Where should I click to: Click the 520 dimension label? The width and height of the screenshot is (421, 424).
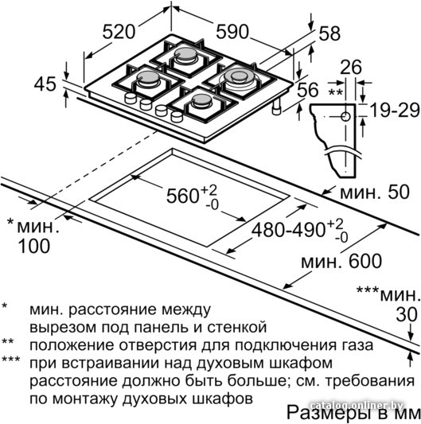[119, 31]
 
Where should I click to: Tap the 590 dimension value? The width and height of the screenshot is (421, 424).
[232, 31]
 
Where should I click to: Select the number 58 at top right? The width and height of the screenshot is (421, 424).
[329, 33]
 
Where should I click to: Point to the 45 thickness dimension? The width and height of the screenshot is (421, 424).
[45, 84]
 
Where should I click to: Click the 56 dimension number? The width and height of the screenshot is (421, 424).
[308, 90]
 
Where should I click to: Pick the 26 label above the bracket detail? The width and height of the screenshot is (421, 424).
[351, 67]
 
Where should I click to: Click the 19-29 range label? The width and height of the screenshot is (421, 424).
[395, 111]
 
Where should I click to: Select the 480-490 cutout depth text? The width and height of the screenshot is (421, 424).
[288, 231]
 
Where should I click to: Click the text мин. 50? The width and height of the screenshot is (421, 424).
[375, 193]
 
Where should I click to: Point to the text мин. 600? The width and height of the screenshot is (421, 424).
[341, 261]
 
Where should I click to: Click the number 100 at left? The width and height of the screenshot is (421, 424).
[33, 246]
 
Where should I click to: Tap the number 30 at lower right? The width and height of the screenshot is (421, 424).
[407, 315]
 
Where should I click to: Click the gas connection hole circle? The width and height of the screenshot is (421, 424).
[345, 117]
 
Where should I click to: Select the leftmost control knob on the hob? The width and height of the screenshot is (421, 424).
[131, 98]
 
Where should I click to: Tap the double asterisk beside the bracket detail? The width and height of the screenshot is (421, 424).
[335, 93]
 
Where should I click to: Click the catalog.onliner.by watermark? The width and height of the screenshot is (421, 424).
[357, 406]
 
